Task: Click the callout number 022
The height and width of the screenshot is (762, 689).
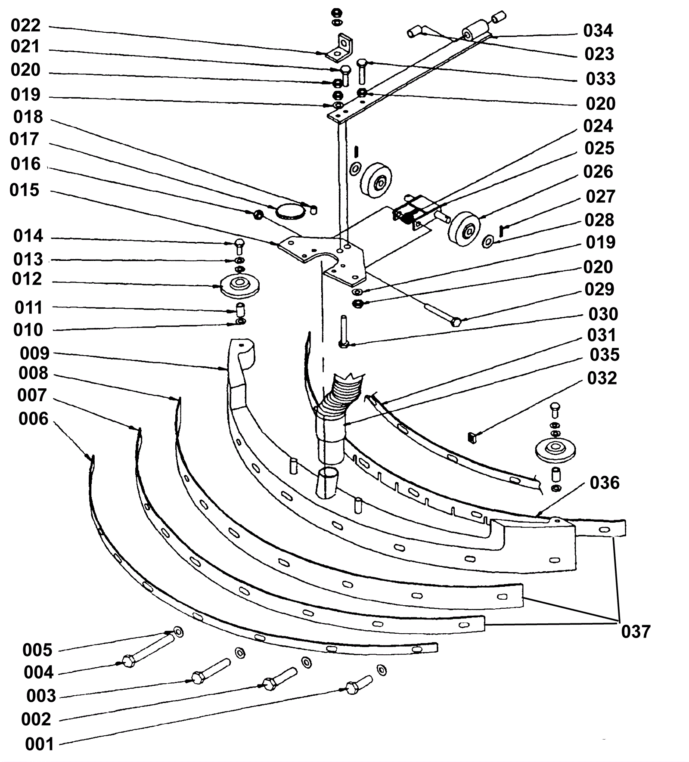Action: tap(25, 25)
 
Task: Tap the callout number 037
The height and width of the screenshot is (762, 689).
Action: tap(636, 632)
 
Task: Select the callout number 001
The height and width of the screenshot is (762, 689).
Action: tap(40, 744)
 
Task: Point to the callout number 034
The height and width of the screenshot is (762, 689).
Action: tap(598, 31)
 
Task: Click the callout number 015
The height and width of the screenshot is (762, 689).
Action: tap(25, 190)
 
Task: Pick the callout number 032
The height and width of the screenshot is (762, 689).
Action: tap(602, 378)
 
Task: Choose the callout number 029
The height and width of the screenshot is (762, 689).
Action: tap(599, 289)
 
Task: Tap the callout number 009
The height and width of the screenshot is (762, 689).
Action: tap(34, 353)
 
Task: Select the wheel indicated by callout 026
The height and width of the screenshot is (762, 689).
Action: tap(464, 229)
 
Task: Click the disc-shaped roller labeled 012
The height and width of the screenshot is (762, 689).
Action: tap(239, 285)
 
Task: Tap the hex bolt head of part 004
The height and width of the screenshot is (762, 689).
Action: tap(128, 661)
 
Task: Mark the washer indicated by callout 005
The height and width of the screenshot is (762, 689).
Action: tap(177, 632)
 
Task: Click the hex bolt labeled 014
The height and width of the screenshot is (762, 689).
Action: tap(240, 246)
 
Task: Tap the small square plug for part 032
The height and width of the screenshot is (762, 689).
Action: tap(472, 438)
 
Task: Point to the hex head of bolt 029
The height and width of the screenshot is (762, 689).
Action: tap(456, 322)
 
